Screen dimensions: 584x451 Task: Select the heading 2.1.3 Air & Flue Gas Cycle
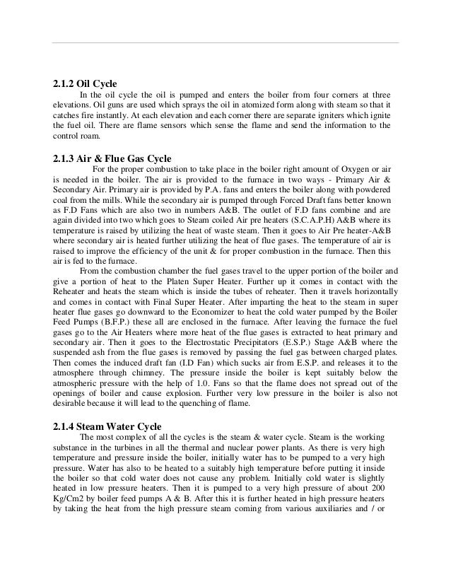pyautogui.click(x=112, y=158)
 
